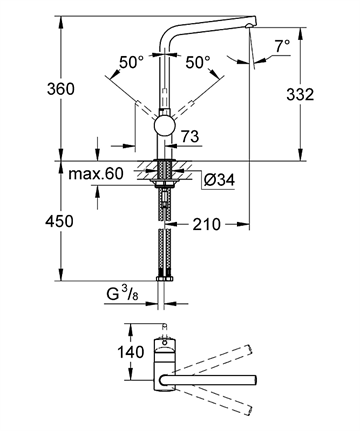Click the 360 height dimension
pyautogui.click(x=61, y=89)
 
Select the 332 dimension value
pyautogui.click(x=300, y=94)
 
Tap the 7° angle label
pyautogui.click(x=282, y=46)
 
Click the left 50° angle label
pyautogui.click(x=131, y=62)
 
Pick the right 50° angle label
pyautogui.click(x=198, y=62)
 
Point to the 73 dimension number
pyautogui.click(x=190, y=136)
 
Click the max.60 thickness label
pyautogui.click(x=96, y=174)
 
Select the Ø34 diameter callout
pyautogui.click(x=219, y=180)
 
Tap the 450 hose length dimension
pyautogui.click(x=59, y=221)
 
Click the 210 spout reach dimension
pyautogui.click(x=206, y=224)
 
